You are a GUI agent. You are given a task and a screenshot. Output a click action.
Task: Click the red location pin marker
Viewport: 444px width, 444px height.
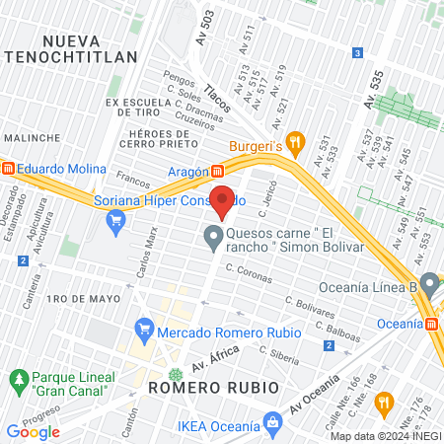(224, 200)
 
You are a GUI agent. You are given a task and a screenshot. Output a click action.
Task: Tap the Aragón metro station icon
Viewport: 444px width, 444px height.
(216, 171)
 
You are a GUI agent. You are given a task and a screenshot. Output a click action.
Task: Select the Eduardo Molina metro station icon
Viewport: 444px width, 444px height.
(9, 169)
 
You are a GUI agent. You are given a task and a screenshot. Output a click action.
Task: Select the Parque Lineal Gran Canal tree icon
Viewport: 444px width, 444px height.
(17, 379)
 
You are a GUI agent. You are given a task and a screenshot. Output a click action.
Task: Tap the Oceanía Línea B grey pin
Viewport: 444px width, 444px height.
(428, 286)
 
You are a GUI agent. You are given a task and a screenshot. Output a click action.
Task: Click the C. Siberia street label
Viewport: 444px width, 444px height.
(278, 351)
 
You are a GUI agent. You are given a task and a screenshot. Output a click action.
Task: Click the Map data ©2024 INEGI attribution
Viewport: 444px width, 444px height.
(385, 436)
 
